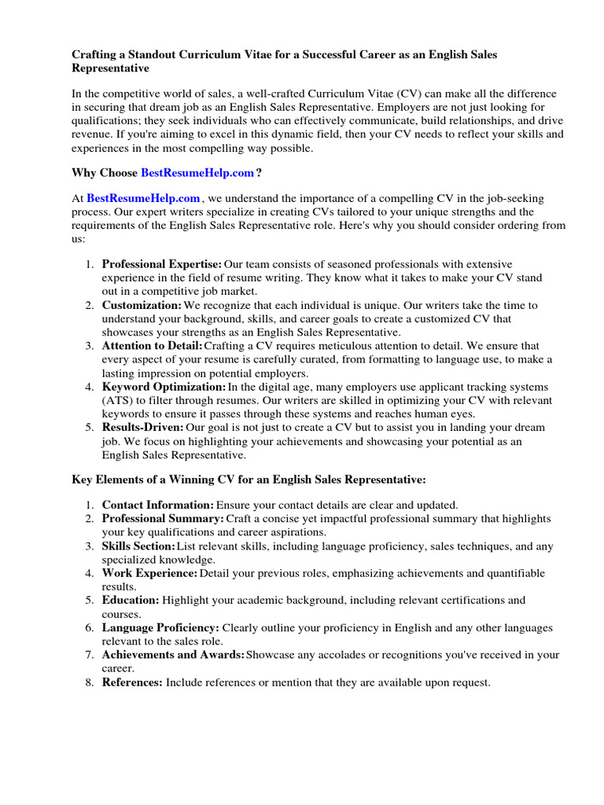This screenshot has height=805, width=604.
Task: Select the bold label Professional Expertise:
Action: pos(162,264)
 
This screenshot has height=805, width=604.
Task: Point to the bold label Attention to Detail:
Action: pos(153,345)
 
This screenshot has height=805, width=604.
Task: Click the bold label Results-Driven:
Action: pos(143,427)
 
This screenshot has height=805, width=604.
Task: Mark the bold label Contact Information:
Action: pos(158,505)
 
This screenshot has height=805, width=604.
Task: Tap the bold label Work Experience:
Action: pos(150,573)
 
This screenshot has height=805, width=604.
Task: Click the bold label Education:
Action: pos(131,600)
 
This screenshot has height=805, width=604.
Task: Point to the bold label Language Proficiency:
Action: pos(161,628)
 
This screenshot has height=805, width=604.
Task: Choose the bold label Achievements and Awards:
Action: pos(173,655)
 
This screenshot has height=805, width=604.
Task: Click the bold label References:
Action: pos(132,682)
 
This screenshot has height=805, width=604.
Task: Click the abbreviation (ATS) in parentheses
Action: pos(116,400)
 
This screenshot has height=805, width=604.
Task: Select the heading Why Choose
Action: pos(105,173)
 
